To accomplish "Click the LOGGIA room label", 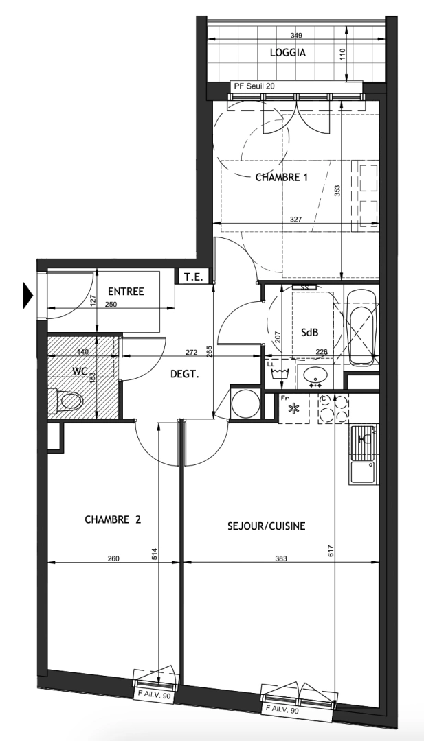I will pyautogui.click(x=288, y=52).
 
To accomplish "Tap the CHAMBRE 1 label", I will pyautogui.click(x=281, y=177).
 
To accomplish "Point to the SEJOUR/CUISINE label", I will pyautogui.click(x=266, y=526).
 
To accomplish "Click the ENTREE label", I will pyautogui.click(x=126, y=292).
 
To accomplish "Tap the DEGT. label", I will pyautogui.click(x=185, y=375).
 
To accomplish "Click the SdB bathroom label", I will pyautogui.click(x=309, y=332).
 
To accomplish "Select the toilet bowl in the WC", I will pyautogui.click(x=68, y=400).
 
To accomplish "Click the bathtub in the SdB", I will pyautogui.click(x=361, y=327).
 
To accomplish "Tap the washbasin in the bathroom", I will pyautogui.click(x=316, y=375).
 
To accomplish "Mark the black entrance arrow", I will pyautogui.click(x=28, y=294).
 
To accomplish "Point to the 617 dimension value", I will pyautogui.click(x=330, y=549).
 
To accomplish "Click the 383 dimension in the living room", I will pyautogui.click(x=280, y=559).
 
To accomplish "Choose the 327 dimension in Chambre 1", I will pyautogui.click(x=295, y=220).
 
